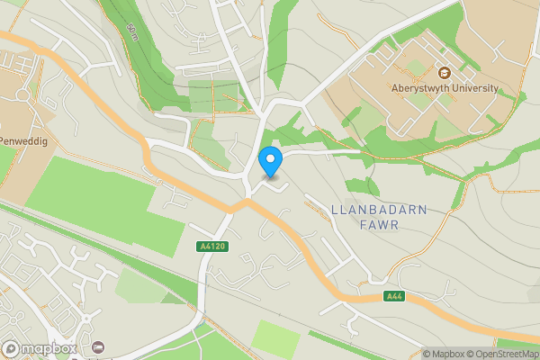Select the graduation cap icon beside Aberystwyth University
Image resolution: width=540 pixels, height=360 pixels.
click(444, 73)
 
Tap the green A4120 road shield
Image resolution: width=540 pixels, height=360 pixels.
click(210, 246)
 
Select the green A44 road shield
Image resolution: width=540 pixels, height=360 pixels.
click(393, 296)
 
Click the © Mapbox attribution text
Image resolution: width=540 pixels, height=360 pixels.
click(447, 354)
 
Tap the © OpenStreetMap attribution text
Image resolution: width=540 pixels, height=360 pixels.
click(505, 354)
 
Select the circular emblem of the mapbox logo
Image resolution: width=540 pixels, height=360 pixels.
click(11, 348)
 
